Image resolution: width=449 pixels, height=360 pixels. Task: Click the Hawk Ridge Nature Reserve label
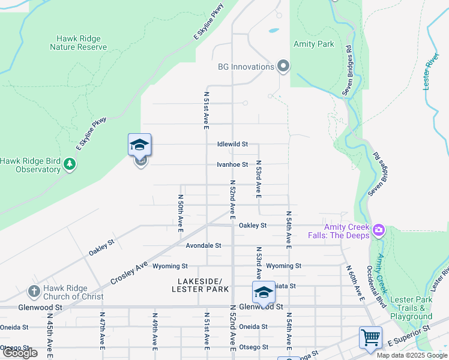(78, 43)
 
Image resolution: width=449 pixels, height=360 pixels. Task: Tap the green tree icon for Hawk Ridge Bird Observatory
(70, 164)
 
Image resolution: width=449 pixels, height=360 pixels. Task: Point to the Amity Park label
(313, 44)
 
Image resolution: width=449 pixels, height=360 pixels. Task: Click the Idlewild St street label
(232, 145)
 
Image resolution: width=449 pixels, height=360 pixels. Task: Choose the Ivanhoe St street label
(232, 164)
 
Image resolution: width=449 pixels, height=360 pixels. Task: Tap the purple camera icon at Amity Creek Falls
(378, 230)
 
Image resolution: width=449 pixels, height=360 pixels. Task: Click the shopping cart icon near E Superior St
(370, 337)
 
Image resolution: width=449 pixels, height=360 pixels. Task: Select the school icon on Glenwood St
(263, 292)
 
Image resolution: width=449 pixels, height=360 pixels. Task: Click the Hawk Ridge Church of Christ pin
(34, 292)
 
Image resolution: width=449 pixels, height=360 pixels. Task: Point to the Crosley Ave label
(129, 271)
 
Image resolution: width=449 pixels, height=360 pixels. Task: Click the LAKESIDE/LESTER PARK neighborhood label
(200, 286)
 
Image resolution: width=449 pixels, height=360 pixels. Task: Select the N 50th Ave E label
(180, 212)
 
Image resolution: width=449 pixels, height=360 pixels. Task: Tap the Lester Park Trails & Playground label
(411, 308)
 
